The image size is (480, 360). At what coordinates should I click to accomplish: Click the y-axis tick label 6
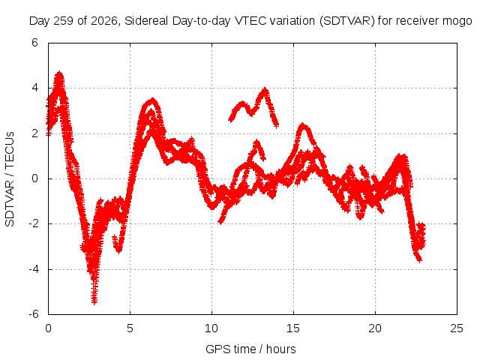pos(34,43)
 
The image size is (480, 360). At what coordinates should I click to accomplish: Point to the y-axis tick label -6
pos(34,314)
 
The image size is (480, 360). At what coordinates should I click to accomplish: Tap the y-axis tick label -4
pos(34,269)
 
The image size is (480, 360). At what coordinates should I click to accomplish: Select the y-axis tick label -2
pos(34,223)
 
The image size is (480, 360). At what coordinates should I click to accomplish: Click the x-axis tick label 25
pos(457,328)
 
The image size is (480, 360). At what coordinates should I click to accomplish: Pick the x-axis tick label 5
pos(130,328)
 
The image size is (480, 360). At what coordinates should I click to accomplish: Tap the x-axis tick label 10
pos(211,328)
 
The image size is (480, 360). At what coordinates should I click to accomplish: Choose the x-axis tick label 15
pos(293,328)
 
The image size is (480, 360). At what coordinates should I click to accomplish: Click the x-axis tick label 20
pos(375,328)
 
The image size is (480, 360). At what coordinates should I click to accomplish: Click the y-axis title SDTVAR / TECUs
pos(10,179)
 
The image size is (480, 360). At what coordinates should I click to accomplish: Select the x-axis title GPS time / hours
pos(250,349)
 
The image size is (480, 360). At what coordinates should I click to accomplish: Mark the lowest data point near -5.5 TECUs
pos(94,301)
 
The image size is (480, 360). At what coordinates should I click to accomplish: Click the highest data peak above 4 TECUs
pos(59,73)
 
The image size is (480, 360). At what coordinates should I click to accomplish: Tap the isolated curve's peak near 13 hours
pos(265,90)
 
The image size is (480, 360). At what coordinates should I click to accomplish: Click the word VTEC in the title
pos(247,21)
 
